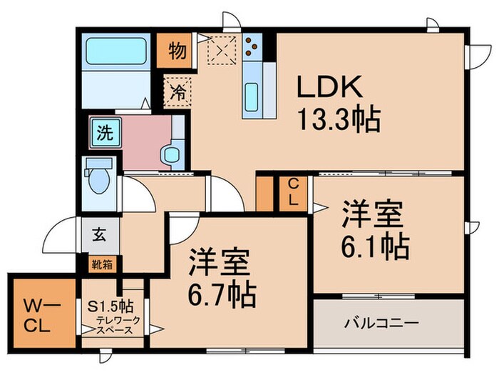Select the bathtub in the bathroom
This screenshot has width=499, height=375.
pos(115,52)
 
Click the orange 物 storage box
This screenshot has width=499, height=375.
pos(178,50)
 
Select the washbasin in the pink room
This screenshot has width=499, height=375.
pos(171,154)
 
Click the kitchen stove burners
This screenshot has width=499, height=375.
pos(252,47)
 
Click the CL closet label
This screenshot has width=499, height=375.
pos(293,192)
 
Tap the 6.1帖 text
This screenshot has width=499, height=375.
pos(374,247)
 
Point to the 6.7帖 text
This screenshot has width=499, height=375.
pos(222,292)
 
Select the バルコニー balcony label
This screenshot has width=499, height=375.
pos(381,322)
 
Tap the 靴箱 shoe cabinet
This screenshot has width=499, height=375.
pos(100,263)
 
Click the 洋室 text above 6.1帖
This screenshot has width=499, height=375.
pos(374,214)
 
